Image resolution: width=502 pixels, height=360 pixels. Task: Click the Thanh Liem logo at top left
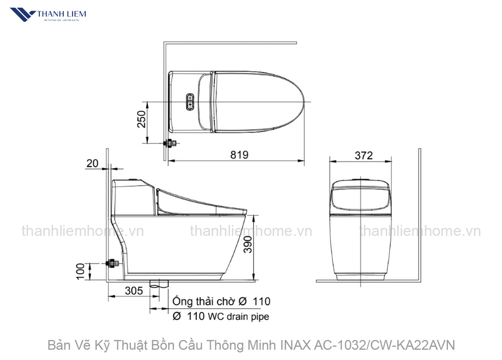point(53,17)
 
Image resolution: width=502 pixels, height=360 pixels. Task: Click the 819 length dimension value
point(238,155)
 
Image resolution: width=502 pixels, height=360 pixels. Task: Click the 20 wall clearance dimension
point(92,163)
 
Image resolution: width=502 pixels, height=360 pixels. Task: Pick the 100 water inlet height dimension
point(80,271)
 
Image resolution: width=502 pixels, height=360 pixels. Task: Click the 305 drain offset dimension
point(133,290)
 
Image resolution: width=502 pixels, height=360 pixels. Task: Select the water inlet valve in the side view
point(113,262)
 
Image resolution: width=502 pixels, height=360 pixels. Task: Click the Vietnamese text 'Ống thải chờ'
point(202,301)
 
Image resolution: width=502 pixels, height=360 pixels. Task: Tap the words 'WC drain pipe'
point(239,317)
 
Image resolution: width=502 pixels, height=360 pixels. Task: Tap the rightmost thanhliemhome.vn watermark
point(419,231)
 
